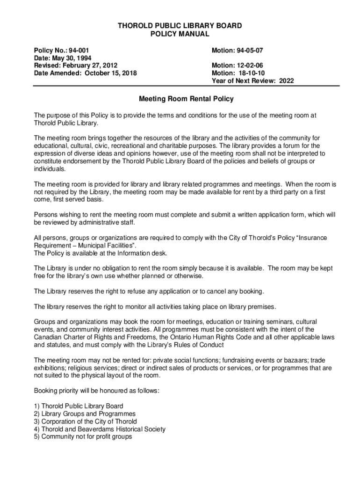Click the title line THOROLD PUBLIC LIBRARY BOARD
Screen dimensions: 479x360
[x=180, y=26]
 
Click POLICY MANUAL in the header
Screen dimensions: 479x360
[x=180, y=34]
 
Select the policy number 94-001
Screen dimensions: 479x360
[x=75, y=50]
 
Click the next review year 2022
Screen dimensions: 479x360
[x=286, y=81]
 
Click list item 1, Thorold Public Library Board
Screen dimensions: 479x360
[x=79, y=406]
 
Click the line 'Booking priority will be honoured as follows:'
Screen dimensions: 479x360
[x=97, y=391]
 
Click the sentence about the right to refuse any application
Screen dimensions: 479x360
[x=149, y=291]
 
